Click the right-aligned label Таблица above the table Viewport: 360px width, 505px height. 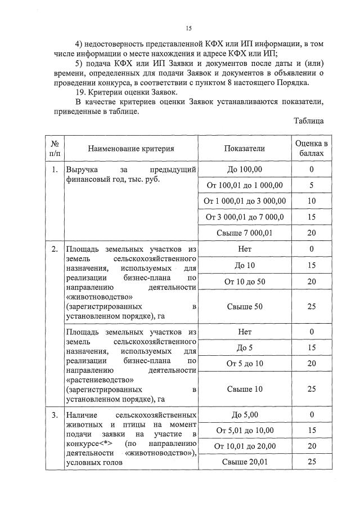pyautogui.click(x=308, y=120)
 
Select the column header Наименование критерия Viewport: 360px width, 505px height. pyautogui.click(x=130, y=149)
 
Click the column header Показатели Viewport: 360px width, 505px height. pyautogui.click(x=244, y=149)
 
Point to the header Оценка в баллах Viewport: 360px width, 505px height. pyautogui.click(x=311, y=149)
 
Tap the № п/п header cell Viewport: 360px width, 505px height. pyautogui.click(x=54, y=149)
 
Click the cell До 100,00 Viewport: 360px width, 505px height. pyautogui.click(x=244, y=169)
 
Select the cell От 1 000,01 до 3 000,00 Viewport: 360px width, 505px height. pyautogui.click(x=244, y=201)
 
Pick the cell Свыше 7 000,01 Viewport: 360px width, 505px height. pyautogui.click(x=244, y=233)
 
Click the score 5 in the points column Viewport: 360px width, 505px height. pyautogui.click(x=311, y=185)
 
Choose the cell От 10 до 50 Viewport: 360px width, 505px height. pyautogui.click(x=244, y=281)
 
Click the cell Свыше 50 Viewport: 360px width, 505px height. pyautogui.click(x=244, y=306)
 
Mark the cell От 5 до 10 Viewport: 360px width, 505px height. pyautogui.click(x=244, y=364)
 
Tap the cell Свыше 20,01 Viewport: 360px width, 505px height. pyautogui.click(x=244, y=462)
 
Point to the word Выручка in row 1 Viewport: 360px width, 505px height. pyautogui.click(x=82, y=169)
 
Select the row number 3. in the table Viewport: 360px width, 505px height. pyautogui.click(x=54, y=415)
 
